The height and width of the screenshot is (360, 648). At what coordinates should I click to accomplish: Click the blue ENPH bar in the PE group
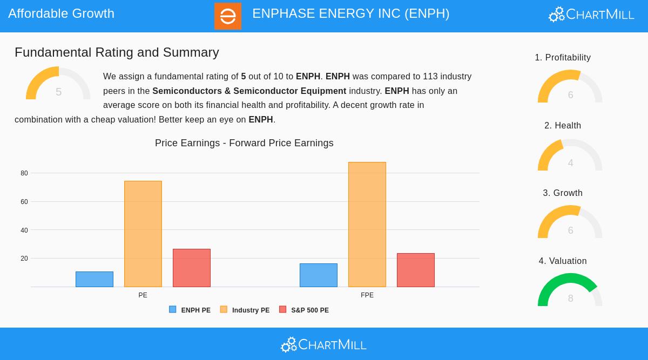click(x=94, y=279)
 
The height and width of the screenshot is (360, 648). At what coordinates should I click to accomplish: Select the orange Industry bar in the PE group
click(x=143, y=234)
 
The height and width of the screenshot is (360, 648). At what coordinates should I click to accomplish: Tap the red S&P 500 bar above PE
click(x=192, y=268)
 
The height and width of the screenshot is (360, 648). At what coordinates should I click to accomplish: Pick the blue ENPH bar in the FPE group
click(x=319, y=275)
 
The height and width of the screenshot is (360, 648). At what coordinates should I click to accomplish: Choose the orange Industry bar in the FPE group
click(x=367, y=225)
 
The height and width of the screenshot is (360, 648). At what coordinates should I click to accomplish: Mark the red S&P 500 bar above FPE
click(x=416, y=270)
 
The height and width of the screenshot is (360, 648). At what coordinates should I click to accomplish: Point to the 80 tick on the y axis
click(x=24, y=173)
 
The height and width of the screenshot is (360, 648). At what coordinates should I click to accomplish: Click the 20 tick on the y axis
click(x=24, y=259)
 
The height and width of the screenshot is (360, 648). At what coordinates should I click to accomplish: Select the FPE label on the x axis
click(x=367, y=295)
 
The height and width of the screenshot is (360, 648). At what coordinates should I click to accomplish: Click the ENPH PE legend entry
click(x=190, y=310)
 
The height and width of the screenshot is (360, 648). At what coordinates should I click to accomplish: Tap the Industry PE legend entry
click(x=245, y=310)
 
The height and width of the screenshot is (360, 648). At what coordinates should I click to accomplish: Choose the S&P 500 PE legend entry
click(x=304, y=310)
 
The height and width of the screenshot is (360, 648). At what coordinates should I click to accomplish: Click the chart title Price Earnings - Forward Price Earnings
click(x=244, y=143)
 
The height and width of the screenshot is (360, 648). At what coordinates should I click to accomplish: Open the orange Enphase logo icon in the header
click(x=228, y=16)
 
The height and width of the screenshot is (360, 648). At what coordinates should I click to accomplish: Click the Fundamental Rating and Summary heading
click(x=117, y=52)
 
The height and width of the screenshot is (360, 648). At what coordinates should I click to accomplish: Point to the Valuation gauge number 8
click(x=570, y=298)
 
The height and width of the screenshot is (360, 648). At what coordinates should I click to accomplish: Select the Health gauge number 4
click(x=570, y=163)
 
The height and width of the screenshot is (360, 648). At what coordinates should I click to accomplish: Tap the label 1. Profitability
click(x=563, y=58)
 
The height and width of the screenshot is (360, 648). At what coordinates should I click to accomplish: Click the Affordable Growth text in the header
click(x=62, y=13)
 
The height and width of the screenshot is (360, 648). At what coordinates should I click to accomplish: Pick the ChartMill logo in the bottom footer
click(x=324, y=344)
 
